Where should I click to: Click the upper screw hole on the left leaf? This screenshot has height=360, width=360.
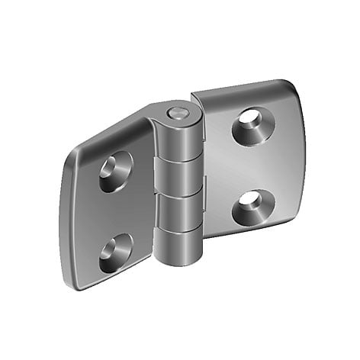pyautogui.click(x=115, y=171)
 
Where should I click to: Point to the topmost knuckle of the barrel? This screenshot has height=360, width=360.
pyautogui.click(x=181, y=137)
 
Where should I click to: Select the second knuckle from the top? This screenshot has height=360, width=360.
pyautogui.click(x=181, y=176)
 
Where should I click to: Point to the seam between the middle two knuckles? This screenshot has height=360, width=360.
pyautogui.click(x=181, y=194)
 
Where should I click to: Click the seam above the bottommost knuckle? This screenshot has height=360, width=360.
pyautogui.click(x=181, y=231)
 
